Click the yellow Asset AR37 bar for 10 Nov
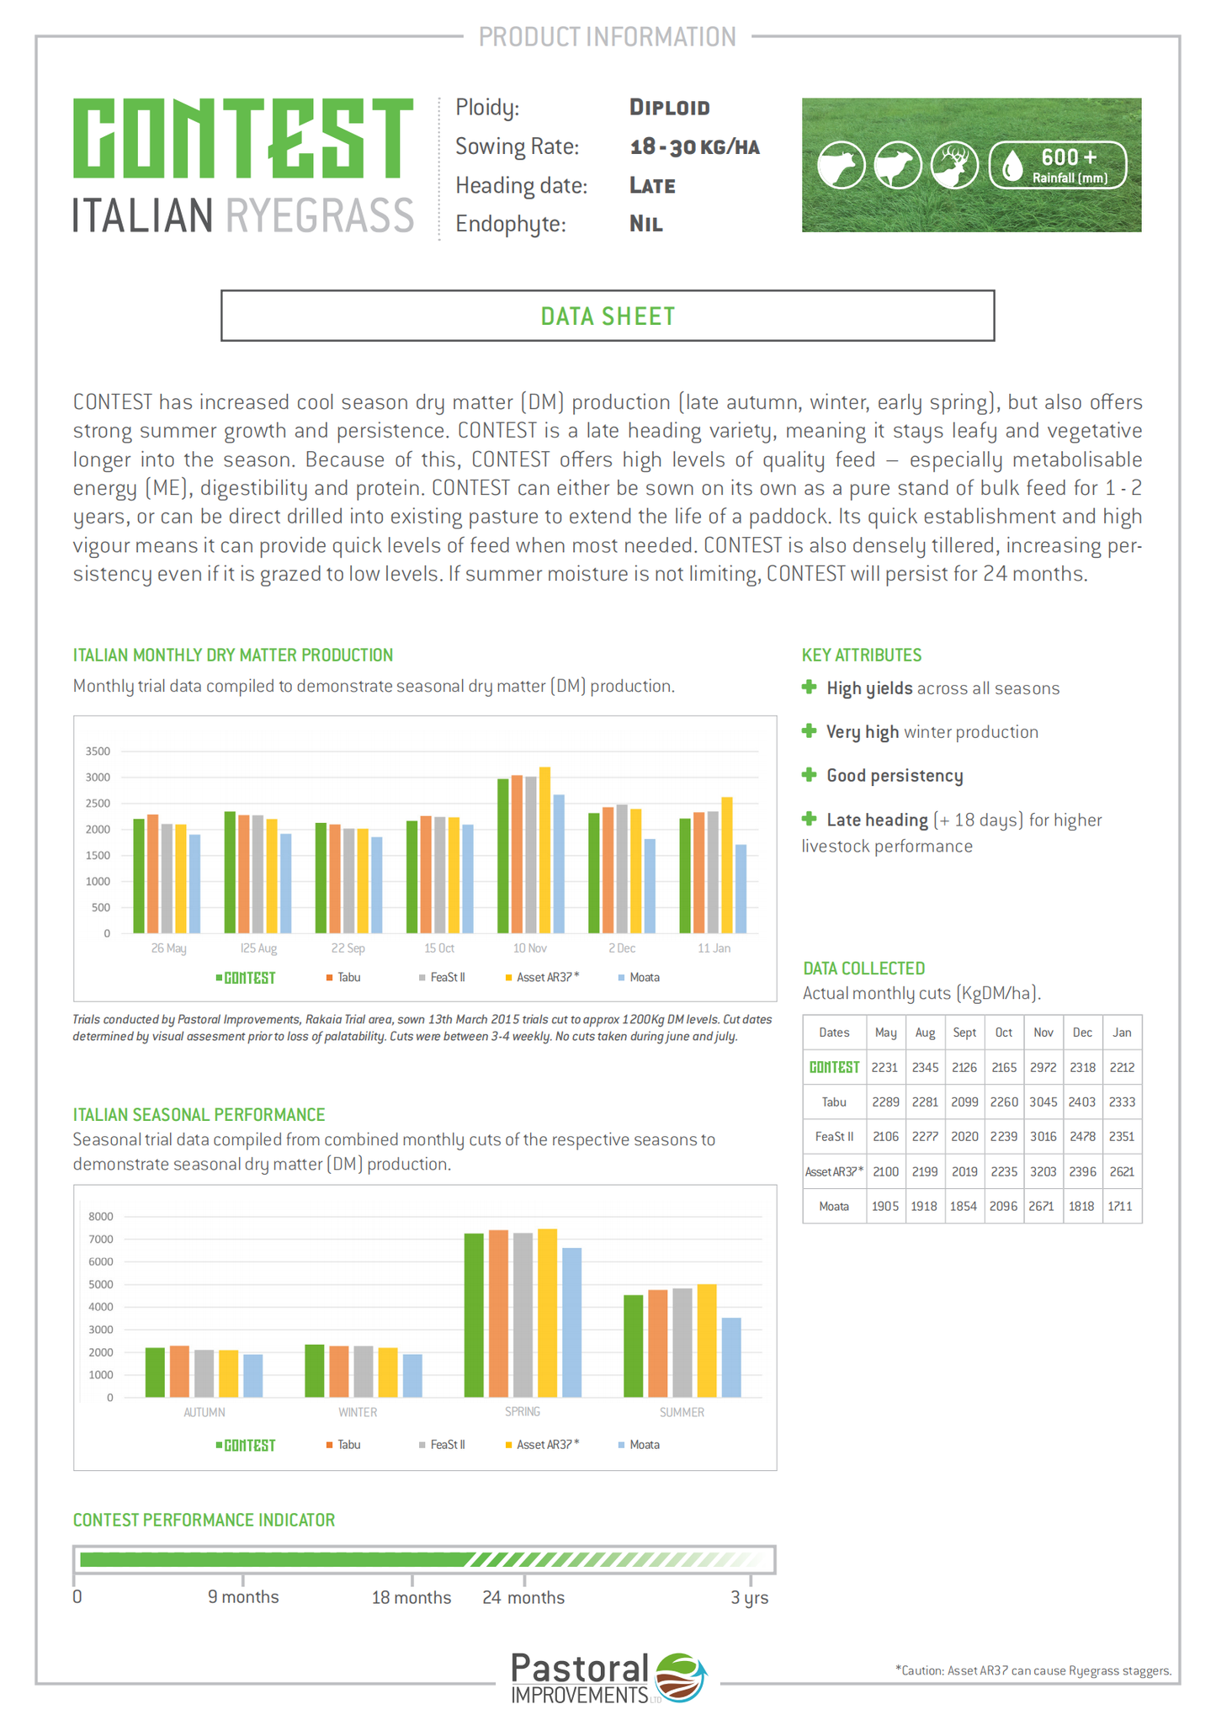pos(544,850)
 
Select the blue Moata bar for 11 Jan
pos(741,889)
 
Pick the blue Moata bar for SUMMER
pos(731,1356)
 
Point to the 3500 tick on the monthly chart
pos(98,751)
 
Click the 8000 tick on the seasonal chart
pos(100,1217)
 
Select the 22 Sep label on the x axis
pos(348,948)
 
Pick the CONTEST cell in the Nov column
pos(1043,1068)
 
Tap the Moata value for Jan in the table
pos(1120,1207)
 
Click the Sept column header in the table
pos(964,1033)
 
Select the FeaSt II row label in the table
pos(834,1137)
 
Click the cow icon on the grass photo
pos(841,165)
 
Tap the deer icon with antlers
pos(954,165)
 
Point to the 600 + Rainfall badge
pos(1058,165)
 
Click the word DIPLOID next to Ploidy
pos(670,108)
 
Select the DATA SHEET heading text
pos(608,316)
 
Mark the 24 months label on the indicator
pos(523,1597)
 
